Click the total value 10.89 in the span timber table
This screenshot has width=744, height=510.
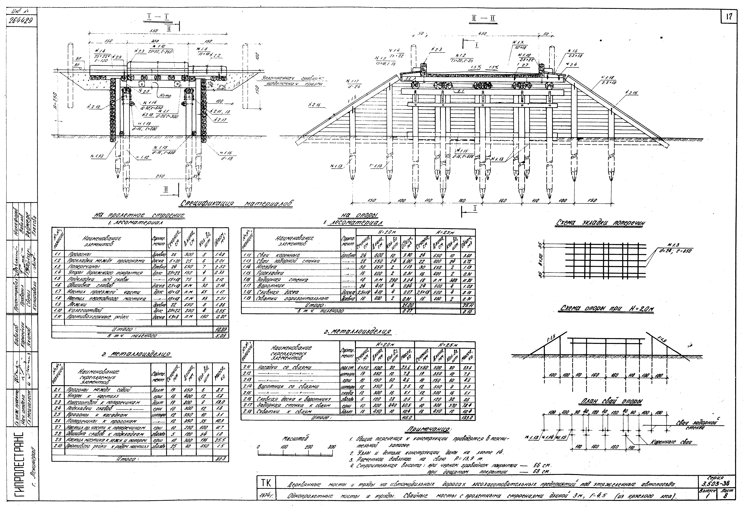[x=221, y=329]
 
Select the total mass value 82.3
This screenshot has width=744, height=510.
[x=221, y=459]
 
